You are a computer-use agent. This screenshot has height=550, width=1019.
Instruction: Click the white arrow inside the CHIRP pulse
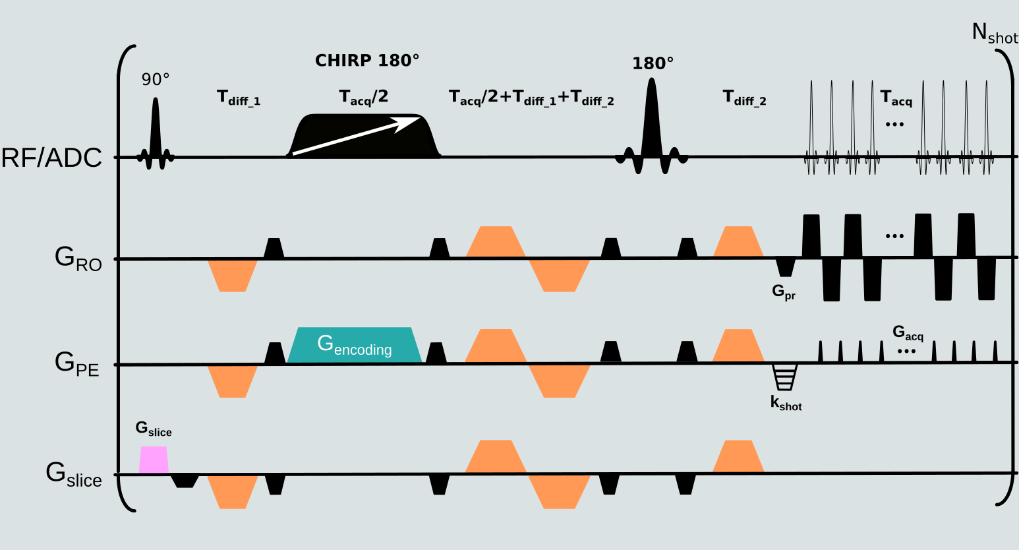click(x=357, y=136)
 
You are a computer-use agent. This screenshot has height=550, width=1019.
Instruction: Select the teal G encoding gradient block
click(x=355, y=345)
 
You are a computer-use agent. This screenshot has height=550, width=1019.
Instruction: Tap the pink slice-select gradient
click(x=154, y=460)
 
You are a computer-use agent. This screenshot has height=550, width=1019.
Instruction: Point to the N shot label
click(x=994, y=34)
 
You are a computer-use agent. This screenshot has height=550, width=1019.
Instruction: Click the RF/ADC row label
click(x=51, y=158)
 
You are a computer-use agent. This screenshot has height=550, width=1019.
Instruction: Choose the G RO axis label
click(x=78, y=259)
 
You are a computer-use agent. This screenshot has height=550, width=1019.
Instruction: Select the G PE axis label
click(x=76, y=363)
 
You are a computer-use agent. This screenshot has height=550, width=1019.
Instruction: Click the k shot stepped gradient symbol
click(x=785, y=377)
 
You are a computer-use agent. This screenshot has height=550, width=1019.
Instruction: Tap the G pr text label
click(x=784, y=291)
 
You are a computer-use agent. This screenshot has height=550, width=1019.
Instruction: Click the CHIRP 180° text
click(x=367, y=61)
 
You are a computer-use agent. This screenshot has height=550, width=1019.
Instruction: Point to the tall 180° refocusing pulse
click(x=652, y=125)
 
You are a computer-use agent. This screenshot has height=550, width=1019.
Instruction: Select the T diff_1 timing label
click(x=239, y=98)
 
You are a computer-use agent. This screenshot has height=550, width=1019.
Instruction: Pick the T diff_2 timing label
click(x=744, y=98)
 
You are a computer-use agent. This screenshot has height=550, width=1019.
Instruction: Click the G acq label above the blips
click(x=908, y=333)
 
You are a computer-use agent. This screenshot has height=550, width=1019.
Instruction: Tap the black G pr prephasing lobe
click(x=785, y=266)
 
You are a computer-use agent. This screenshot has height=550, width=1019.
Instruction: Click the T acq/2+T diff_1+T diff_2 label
click(x=531, y=98)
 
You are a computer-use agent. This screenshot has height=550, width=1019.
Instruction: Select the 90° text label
click(x=156, y=80)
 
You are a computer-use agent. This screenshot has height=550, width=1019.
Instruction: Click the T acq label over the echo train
click(x=896, y=99)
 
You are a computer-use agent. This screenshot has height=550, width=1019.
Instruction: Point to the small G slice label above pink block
click(x=154, y=429)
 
